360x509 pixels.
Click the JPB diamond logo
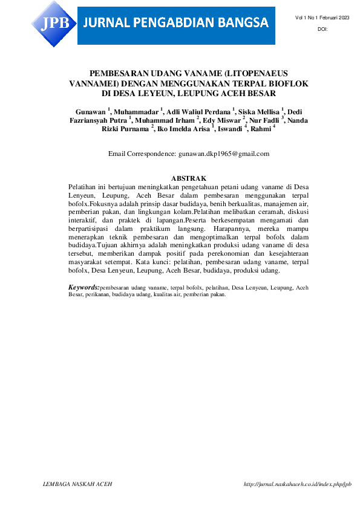54,23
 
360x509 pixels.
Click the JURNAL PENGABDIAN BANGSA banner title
176,24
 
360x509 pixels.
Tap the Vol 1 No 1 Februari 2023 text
322,19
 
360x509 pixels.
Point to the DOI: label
322,30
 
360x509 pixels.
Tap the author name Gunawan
91,112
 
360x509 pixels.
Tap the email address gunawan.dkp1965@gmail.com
224,154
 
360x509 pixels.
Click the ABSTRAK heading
189,178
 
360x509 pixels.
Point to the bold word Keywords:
84,287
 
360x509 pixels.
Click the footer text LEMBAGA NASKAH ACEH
78,484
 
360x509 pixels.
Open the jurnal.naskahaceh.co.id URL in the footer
297,484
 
